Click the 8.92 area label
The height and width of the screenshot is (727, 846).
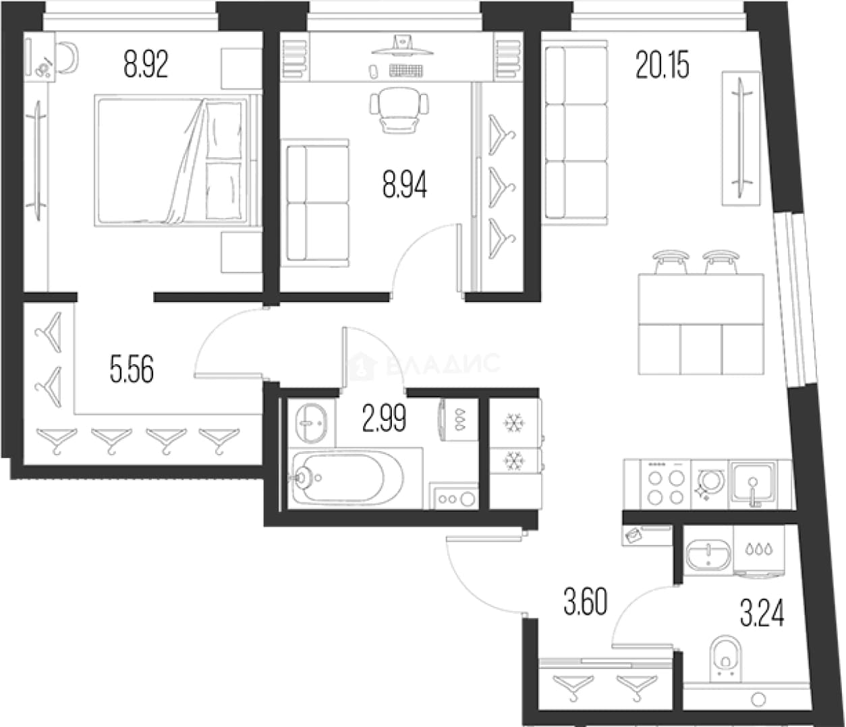click(146, 65)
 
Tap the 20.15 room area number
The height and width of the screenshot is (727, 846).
click(662, 65)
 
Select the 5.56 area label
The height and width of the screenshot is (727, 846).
click(132, 369)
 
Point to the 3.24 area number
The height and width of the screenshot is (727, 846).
click(762, 614)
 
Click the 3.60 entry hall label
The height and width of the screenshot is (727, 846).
click(585, 602)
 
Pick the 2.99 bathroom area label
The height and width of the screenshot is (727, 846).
click(384, 418)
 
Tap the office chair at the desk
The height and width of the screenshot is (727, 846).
click(399, 110)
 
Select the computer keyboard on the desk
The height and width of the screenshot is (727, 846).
click(406, 71)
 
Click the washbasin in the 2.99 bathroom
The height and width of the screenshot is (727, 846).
click(310, 423)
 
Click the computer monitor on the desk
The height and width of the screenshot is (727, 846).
click(402, 46)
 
